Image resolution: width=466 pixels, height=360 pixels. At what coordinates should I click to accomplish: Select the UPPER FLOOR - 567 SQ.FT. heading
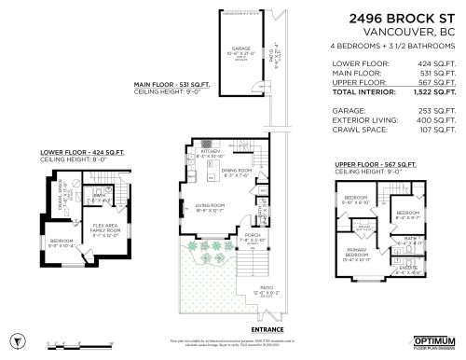(x=377, y=164)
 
